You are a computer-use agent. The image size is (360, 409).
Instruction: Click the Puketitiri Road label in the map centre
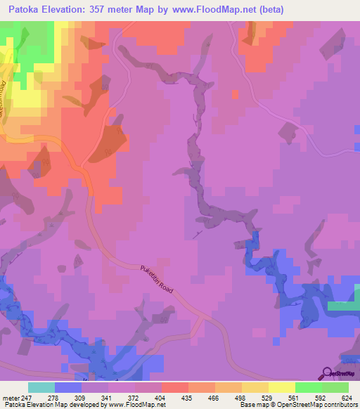click(157, 279)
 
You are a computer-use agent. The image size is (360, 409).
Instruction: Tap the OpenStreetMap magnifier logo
click(328, 374)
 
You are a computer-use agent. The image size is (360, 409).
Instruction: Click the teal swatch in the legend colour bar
click(41, 387)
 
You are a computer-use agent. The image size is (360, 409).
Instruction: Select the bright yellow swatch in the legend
click(282, 387)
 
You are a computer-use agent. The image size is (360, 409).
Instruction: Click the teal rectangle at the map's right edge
click(343, 306)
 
